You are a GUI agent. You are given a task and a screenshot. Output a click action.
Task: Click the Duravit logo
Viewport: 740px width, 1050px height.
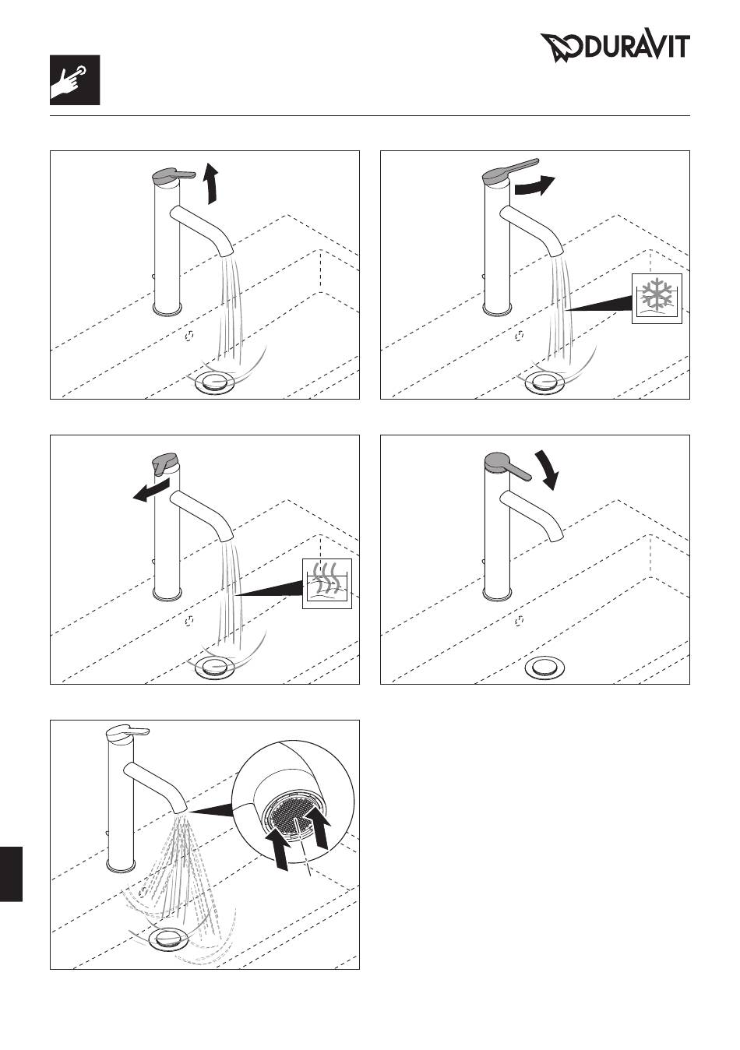click(615, 48)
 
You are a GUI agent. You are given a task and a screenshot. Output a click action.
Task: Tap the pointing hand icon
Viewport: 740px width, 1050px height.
click(75, 80)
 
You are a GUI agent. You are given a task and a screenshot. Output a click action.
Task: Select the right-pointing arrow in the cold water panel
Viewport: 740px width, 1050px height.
click(534, 185)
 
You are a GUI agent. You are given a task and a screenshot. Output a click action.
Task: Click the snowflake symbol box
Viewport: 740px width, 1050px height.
click(657, 298)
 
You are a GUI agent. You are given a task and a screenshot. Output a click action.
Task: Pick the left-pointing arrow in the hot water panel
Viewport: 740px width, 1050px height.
click(151, 491)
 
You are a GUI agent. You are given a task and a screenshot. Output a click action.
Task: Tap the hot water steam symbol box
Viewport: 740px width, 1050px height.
click(327, 583)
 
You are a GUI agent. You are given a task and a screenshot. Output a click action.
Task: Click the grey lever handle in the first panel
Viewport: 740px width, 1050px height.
click(174, 174)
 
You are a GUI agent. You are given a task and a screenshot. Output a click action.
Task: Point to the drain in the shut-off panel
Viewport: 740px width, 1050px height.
click(544, 667)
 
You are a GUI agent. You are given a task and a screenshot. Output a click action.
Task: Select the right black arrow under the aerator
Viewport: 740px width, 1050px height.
click(319, 830)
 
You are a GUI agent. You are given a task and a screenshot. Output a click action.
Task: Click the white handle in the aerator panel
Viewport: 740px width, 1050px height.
click(127, 734)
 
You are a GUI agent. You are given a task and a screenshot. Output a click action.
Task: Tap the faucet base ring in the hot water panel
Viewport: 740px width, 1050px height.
click(167, 594)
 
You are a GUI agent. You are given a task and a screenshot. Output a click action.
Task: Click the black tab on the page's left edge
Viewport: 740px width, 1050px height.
click(11, 874)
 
